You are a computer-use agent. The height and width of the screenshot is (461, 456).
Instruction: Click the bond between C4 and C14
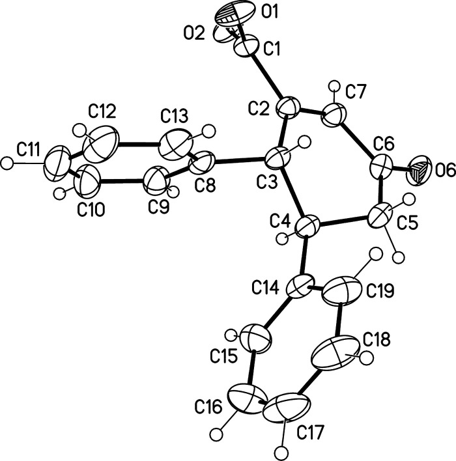304,257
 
